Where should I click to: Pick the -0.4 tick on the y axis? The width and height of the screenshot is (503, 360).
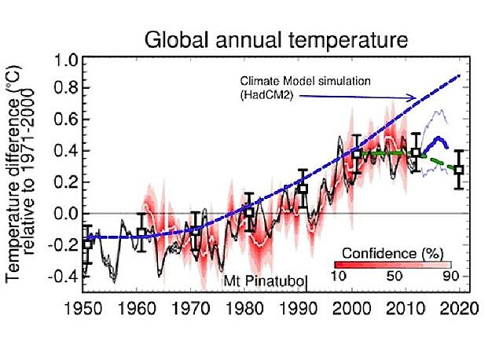coord(63,275)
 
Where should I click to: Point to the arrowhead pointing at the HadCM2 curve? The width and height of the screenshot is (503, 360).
coord(413,97)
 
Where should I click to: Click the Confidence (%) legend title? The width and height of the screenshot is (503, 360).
coord(393,254)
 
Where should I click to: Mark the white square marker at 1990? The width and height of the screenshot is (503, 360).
coord(303,189)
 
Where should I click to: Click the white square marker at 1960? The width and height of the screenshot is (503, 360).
coord(141,233)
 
